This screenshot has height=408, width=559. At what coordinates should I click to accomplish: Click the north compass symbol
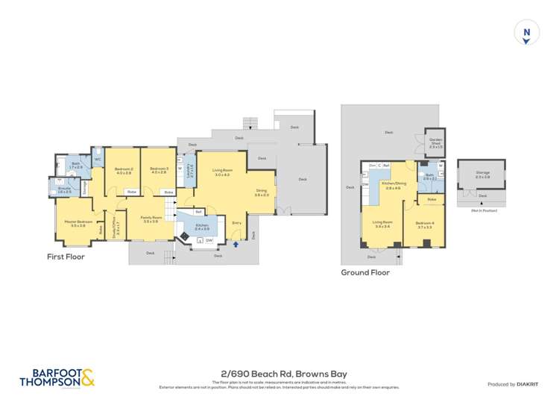click(x=527, y=33)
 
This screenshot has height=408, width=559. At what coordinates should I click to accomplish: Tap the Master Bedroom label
click(x=78, y=222)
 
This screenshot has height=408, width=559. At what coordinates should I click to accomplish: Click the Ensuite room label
click(x=65, y=189)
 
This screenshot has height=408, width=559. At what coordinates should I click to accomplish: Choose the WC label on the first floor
click(x=97, y=159)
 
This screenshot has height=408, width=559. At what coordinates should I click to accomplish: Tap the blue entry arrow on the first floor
click(x=237, y=243)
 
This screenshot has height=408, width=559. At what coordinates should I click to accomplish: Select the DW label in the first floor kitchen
click(x=209, y=240)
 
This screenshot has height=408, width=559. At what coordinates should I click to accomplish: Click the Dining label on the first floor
click(x=262, y=191)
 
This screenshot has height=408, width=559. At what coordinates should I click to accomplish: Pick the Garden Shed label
click(x=436, y=142)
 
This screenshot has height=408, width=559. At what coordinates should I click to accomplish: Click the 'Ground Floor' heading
click(x=365, y=272)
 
